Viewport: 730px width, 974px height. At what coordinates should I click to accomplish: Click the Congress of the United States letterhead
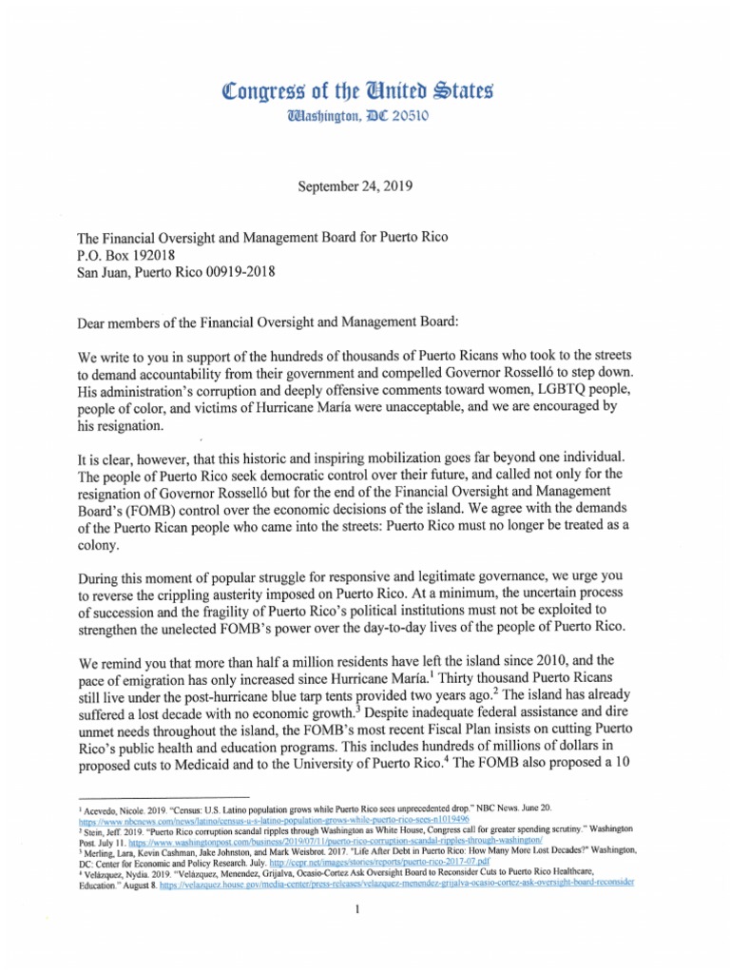[364, 92]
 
